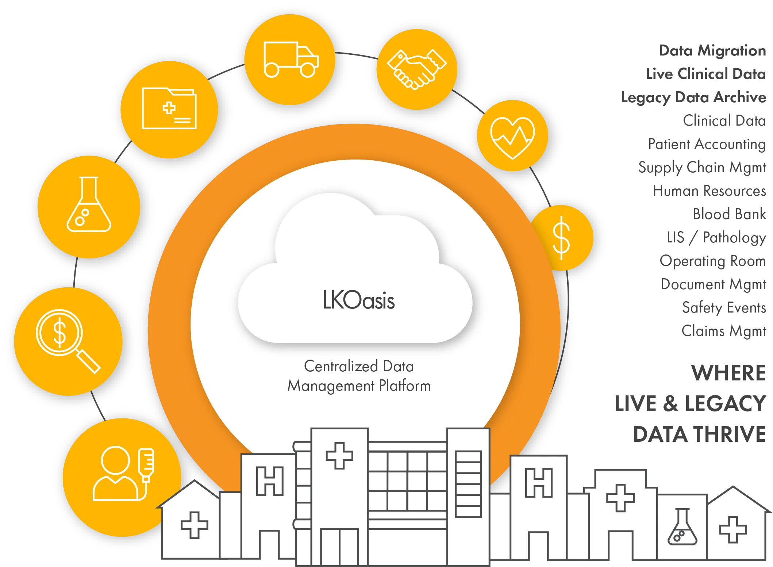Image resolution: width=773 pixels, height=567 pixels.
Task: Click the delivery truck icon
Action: (x=291, y=60)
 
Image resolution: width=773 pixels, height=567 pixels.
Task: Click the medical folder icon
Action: (x=169, y=108)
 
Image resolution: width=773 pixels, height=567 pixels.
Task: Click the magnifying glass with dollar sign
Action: (x=67, y=340)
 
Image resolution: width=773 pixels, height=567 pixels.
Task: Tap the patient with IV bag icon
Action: (x=123, y=474)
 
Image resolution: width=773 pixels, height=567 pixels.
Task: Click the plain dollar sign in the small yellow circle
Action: (x=561, y=238)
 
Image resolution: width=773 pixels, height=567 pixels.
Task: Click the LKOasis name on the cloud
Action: (x=359, y=300)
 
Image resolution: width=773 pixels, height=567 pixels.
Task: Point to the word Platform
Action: (x=405, y=386)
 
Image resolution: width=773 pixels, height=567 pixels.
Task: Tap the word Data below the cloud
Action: (x=399, y=366)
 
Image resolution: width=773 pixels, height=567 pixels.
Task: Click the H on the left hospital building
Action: (x=270, y=481)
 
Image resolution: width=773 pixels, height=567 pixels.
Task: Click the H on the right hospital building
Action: (x=539, y=483)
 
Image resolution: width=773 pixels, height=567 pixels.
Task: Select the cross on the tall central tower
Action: (x=339, y=455)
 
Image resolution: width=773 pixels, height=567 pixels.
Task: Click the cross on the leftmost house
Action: (x=195, y=525)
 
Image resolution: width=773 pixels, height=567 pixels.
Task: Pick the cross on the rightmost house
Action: (x=732, y=529)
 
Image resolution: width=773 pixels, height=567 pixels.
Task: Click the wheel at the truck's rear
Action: (x=272, y=70)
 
